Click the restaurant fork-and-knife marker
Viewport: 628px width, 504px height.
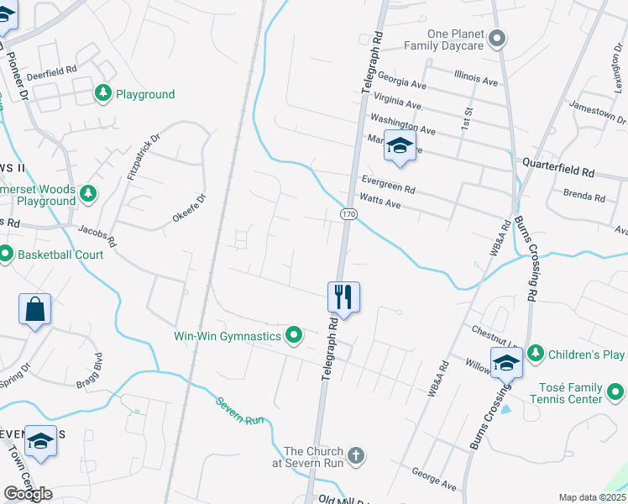(x=343, y=297)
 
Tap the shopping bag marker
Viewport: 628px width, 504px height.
(x=35, y=309)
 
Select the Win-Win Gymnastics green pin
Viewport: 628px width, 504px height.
(x=294, y=336)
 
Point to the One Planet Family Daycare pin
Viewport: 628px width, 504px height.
(x=497, y=38)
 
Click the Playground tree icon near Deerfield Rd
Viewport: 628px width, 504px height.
(x=103, y=93)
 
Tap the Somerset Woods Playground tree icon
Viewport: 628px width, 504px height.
(x=87, y=195)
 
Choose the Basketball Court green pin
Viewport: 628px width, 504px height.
(x=5, y=253)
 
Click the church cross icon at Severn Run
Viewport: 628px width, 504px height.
(x=356, y=456)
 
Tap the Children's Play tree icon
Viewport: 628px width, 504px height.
(x=535, y=354)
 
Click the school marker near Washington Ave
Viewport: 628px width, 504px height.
(x=400, y=147)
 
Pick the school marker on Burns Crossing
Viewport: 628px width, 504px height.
(x=507, y=362)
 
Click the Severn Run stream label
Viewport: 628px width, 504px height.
(x=241, y=409)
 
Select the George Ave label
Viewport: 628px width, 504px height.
(x=433, y=480)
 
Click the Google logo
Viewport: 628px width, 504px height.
(x=28, y=494)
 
